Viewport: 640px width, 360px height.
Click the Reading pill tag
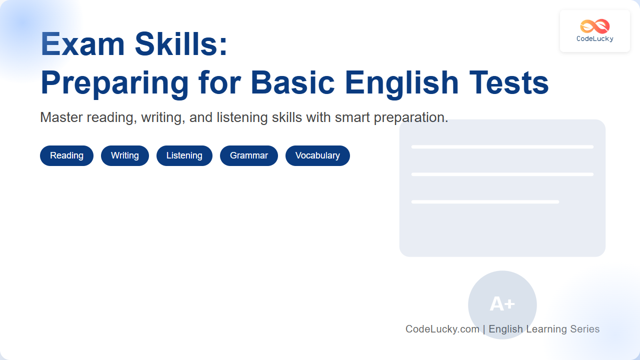(x=66, y=155)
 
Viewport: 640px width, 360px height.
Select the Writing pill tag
(x=125, y=155)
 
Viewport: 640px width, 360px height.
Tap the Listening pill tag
(x=184, y=155)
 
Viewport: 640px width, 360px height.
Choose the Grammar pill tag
(x=249, y=155)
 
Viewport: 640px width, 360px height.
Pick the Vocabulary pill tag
(x=317, y=155)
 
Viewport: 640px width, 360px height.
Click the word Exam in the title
(x=82, y=44)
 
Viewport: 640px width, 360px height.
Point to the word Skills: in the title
(x=181, y=44)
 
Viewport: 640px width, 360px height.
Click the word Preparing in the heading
(x=115, y=83)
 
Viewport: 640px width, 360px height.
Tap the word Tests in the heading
(x=508, y=83)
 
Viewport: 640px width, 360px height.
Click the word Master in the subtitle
(x=61, y=117)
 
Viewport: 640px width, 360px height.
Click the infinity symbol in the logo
(x=595, y=26)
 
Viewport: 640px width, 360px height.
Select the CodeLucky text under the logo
(x=595, y=38)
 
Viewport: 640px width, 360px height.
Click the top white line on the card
(x=502, y=147)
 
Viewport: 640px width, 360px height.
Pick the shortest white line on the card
(x=485, y=202)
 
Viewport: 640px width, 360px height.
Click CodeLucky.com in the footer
(x=442, y=329)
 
